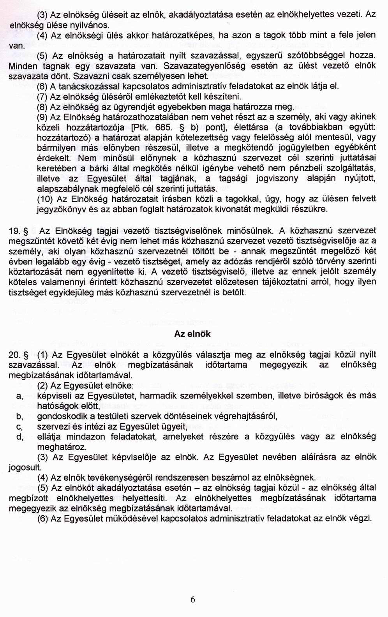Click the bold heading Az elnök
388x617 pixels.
[x=192, y=334]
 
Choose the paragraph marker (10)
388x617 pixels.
[x=45, y=199]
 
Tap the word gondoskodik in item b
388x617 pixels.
[x=61, y=416]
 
